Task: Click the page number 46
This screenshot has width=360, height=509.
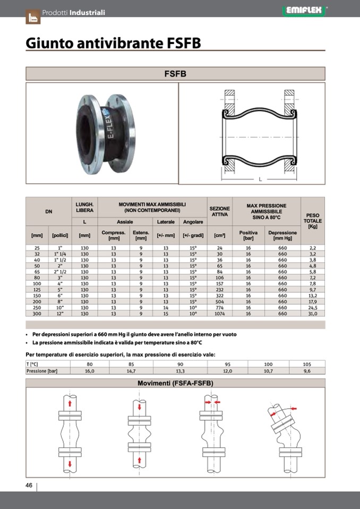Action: pos(29,485)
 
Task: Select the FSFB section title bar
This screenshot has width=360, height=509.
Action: pos(175,74)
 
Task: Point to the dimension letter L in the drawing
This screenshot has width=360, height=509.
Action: pos(260,179)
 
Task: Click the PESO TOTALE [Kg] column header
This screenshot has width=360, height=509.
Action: pos(312,220)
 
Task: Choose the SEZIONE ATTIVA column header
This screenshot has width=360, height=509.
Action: pos(219,212)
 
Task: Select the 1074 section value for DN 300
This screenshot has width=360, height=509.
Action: pos(219,314)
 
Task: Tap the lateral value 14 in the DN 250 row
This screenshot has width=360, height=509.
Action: pos(166,307)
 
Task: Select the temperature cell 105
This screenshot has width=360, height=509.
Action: pos(306,364)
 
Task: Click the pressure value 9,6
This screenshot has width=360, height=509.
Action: pos(306,371)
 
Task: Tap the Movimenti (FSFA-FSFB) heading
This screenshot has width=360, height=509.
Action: pos(175,383)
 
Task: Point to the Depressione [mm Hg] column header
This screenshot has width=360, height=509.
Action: pos(282,235)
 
